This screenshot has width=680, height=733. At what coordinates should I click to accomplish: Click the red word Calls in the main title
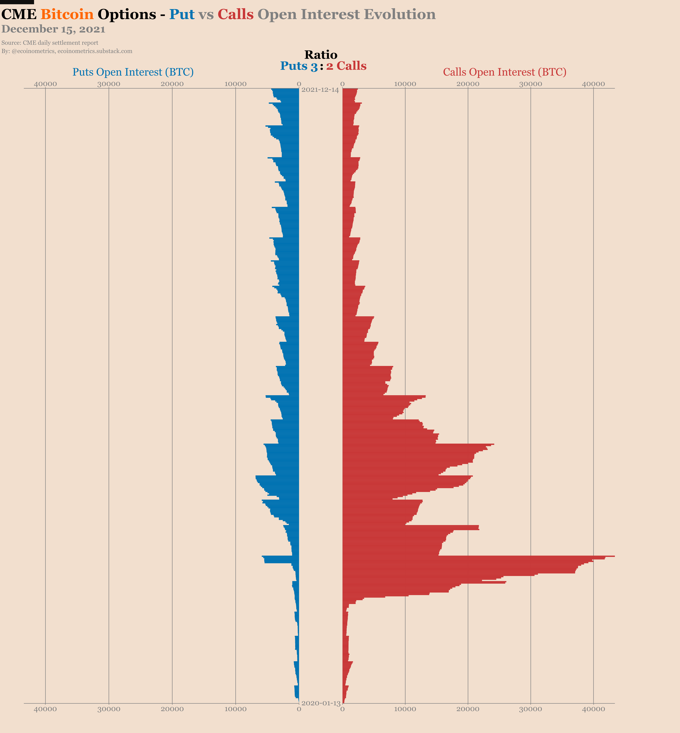[x=235, y=14]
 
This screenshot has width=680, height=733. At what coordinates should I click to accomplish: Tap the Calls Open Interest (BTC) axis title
[x=505, y=72]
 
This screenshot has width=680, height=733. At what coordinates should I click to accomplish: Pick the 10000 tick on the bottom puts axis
[x=235, y=709]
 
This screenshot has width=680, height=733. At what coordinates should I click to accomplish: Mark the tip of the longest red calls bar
[x=614, y=556]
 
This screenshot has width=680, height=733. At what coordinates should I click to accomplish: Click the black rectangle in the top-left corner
[x=17, y=2]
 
